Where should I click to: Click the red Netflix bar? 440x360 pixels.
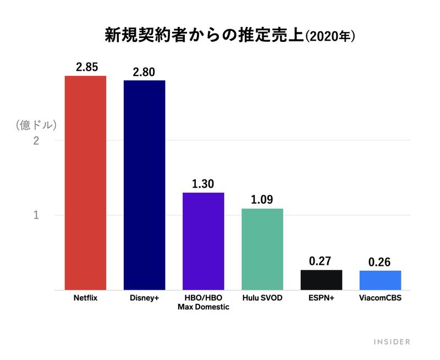click(x=85, y=182)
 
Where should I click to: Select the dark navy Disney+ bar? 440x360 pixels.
click(x=144, y=184)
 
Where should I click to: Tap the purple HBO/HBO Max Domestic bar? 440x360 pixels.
click(x=203, y=241)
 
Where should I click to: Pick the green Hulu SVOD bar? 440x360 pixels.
click(x=262, y=249)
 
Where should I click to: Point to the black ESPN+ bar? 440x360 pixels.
click(x=321, y=280)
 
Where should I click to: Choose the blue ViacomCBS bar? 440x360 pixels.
click(x=380, y=280)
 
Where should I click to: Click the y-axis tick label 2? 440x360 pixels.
click(x=36, y=141)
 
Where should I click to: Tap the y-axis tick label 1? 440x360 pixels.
click(x=36, y=215)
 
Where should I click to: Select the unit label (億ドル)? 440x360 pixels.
click(x=35, y=124)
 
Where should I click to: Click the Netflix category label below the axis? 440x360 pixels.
click(x=85, y=299)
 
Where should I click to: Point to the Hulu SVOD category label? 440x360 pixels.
click(x=262, y=299)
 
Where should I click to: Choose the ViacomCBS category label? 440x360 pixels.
click(x=380, y=299)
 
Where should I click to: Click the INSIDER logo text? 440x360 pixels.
click(x=392, y=342)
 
